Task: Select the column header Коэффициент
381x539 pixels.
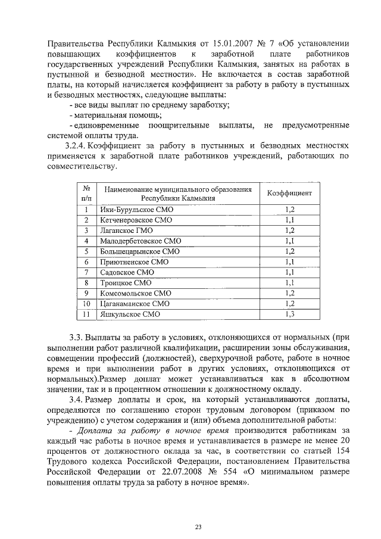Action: pyautogui.click(x=289, y=194)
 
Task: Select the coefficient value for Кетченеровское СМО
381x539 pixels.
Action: pyautogui.click(x=290, y=220)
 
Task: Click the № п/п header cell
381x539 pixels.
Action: pyautogui.click(x=86, y=194)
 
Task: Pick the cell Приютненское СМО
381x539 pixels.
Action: pyautogui.click(x=127, y=261)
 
